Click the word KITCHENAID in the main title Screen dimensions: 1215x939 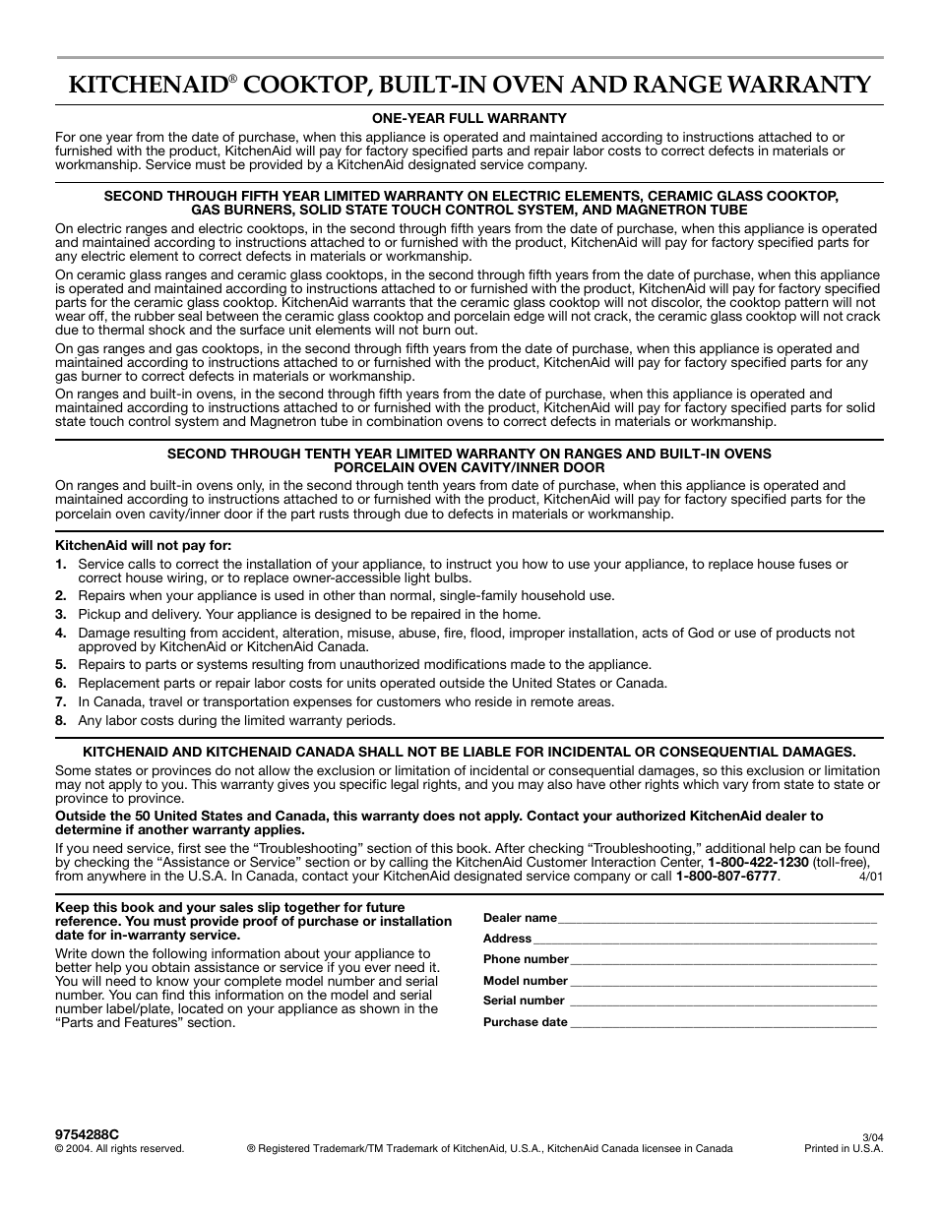[x=148, y=84]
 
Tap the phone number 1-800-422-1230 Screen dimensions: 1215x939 [x=758, y=862]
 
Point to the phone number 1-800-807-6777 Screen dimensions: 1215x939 [x=727, y=876]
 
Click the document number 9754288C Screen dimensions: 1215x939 [x=87, y=1134]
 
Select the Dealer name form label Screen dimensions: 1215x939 [x=520, y=918]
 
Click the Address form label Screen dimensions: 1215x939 [x=507, y=939]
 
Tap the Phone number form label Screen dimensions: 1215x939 [x=526, y=959]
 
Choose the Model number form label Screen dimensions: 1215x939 [x=526, y=981]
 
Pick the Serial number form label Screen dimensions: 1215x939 [x=524, y=1001]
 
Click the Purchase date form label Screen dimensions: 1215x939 [x=526, y=1022]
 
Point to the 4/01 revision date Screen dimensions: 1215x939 [x=871, y=877]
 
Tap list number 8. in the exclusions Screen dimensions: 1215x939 [x=61, y=720]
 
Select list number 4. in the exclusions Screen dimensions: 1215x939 [x=61, y=633]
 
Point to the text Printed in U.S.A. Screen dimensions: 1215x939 [x=845, y=1148]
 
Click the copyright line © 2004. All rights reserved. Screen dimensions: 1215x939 [x=119, y=1148]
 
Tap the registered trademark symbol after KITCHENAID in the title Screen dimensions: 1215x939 [x=234, y=78]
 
